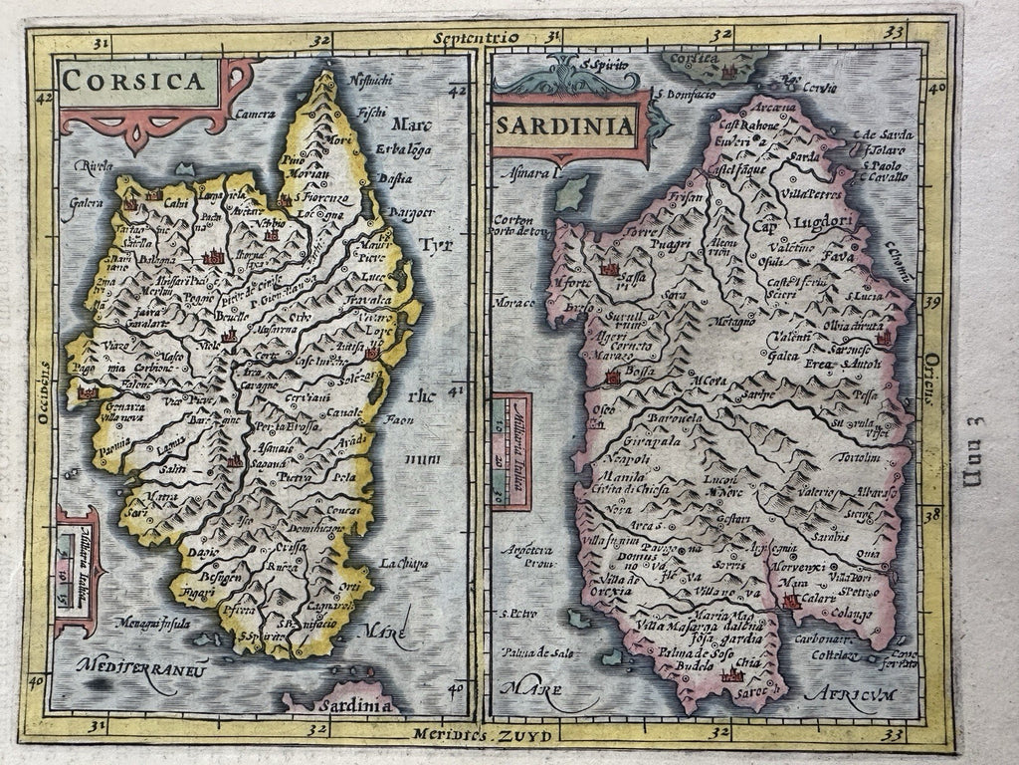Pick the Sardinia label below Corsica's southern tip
coord(342,706)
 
